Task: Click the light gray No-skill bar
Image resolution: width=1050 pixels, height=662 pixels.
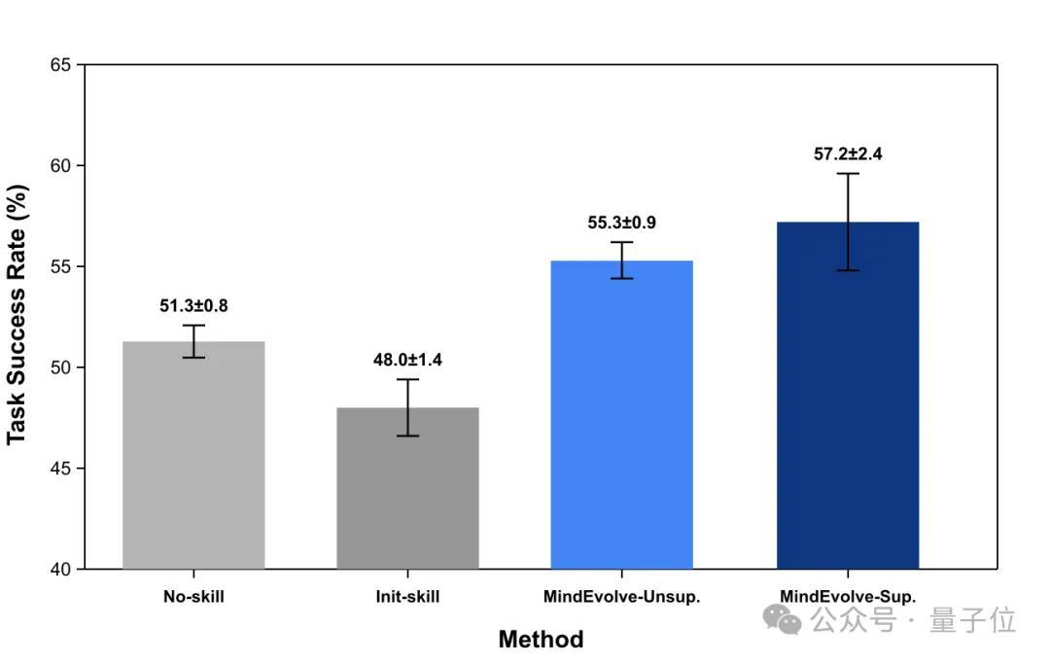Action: click(193, 455)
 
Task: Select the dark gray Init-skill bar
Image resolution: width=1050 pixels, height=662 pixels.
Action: click(407, 488)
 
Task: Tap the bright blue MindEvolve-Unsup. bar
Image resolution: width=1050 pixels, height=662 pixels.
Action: click(621, 414)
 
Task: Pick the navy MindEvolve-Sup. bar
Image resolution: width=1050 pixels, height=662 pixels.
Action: click(848, 395)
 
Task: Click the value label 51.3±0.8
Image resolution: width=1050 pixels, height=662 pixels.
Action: click(193, 306)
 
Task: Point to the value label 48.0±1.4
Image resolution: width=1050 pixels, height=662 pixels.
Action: click(407, 360)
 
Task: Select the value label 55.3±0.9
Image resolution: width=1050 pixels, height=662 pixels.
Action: click(621, 223)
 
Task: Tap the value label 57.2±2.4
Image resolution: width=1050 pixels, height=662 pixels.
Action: click(848, 154)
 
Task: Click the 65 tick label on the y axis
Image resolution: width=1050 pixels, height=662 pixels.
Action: click(60, 65)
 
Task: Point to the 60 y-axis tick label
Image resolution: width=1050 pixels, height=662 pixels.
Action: click(60, 166)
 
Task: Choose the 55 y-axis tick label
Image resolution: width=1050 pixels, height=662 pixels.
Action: click(60, 267)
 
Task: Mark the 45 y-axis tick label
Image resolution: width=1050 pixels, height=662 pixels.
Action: click(60, 469)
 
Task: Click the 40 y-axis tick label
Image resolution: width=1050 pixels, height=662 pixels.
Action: click(60, 570)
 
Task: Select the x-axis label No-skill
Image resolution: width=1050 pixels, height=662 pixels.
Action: click(193, 597)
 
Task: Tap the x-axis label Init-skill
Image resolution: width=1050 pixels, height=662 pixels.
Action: click(407, 597)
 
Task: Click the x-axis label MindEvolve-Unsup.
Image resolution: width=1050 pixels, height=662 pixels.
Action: click(621, 597)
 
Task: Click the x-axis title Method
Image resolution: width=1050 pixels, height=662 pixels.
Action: click(542, 640)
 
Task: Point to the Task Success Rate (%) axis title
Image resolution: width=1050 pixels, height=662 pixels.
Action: click(17, 315)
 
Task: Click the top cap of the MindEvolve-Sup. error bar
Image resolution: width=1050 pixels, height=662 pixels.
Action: click(848, 173)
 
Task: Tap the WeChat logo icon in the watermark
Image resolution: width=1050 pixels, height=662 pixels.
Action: click(782, 619)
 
